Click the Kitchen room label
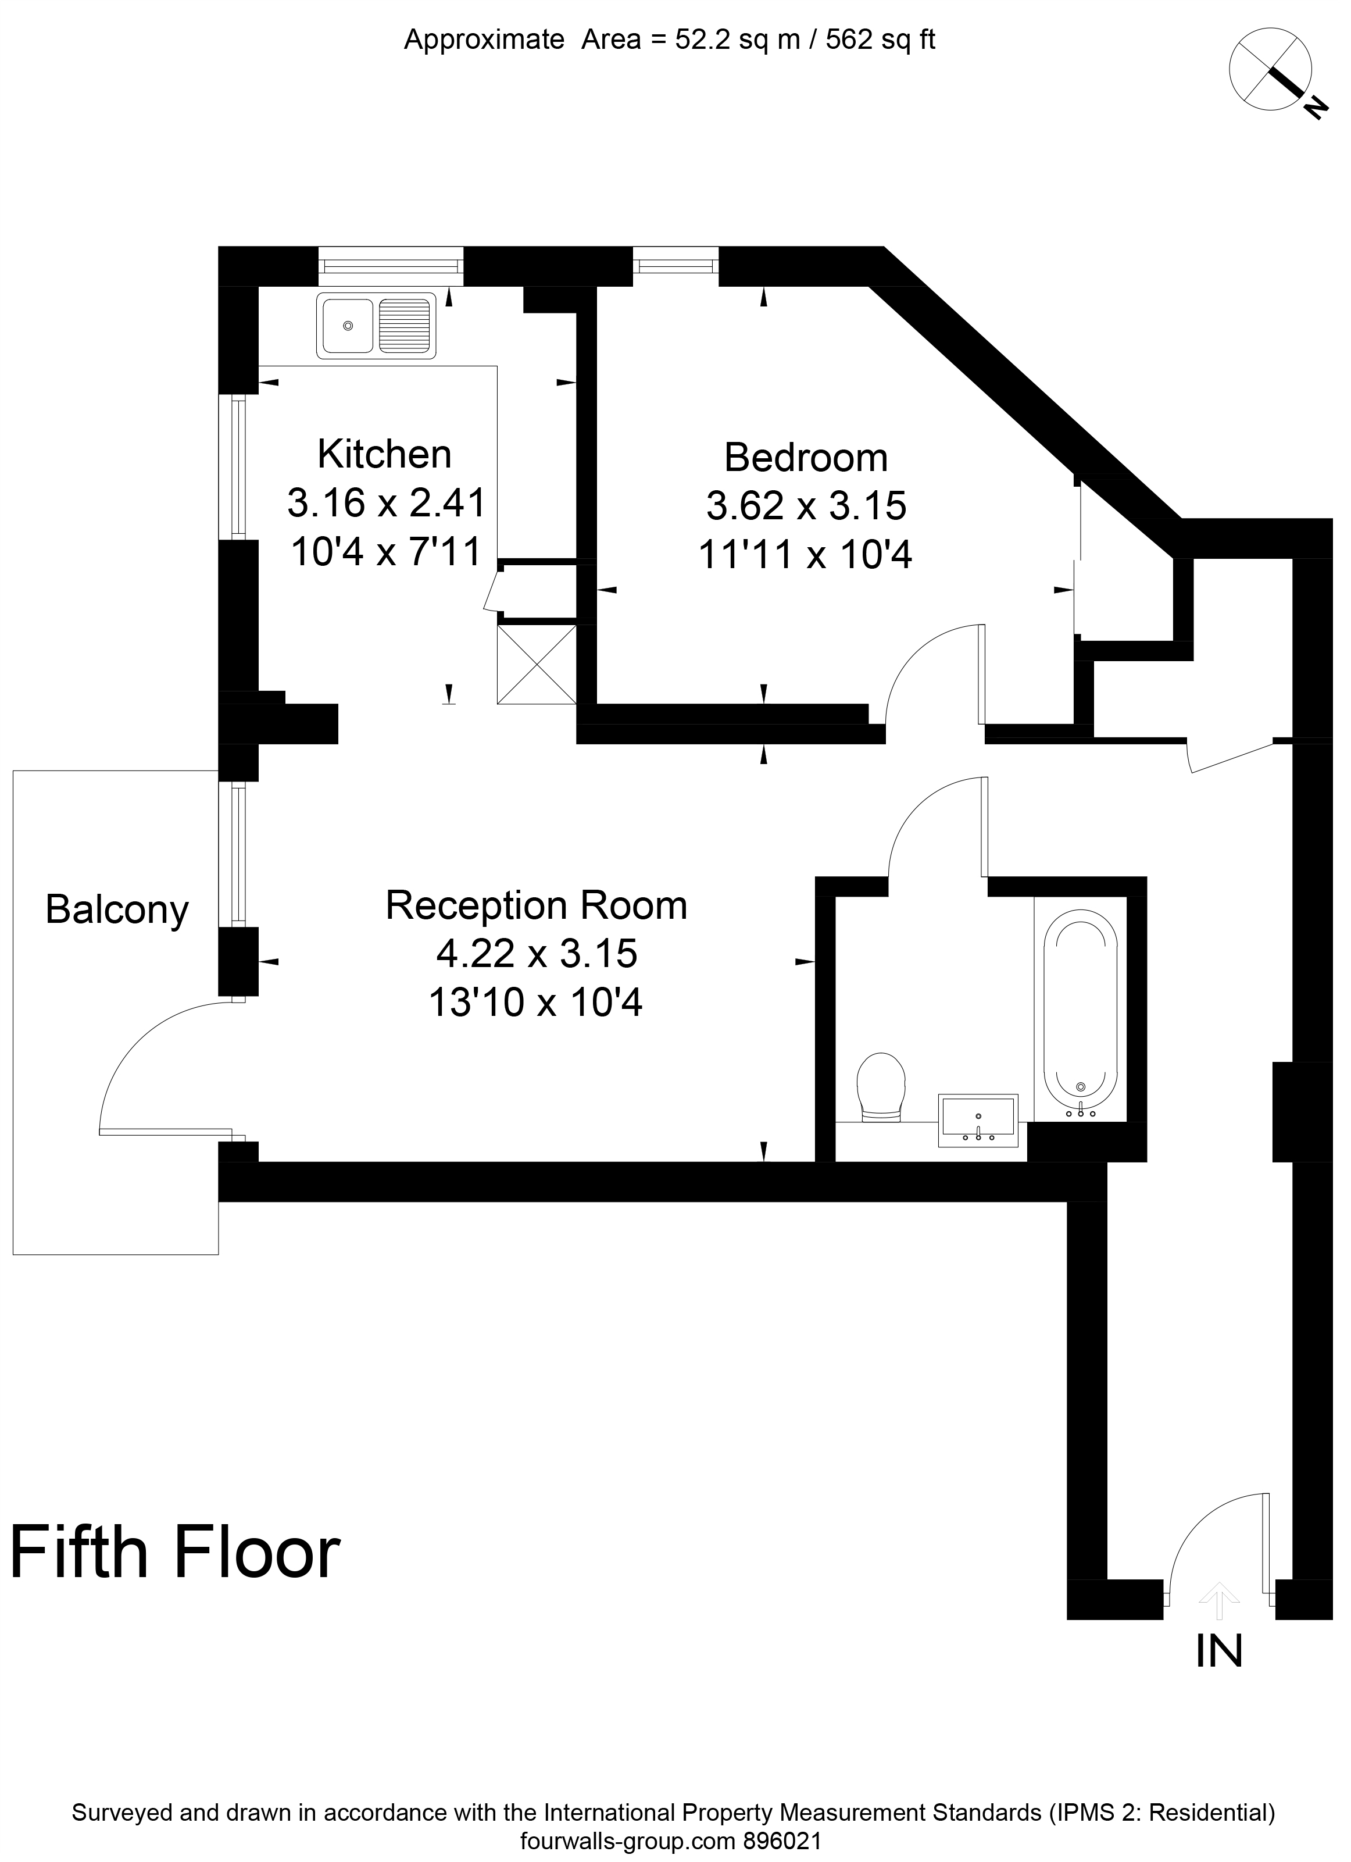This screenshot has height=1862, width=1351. (384, 454)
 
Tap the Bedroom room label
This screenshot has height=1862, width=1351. (806, 457)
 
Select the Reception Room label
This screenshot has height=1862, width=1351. (537, 905)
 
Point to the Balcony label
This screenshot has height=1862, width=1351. (117, 909)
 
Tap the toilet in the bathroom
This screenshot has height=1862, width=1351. (881, 1086)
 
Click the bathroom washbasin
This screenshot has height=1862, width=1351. (978, 1121)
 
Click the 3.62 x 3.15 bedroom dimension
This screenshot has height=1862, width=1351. (806, 506)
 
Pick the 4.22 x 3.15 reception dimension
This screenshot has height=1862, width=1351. (537, 953)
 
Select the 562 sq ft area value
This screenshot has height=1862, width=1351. (881, 40)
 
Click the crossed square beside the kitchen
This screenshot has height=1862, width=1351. (537, 664)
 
